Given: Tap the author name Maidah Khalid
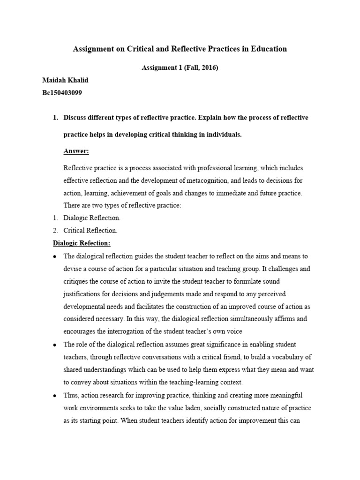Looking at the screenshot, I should click(65, 80).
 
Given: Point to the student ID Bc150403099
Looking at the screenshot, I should click(62, 93).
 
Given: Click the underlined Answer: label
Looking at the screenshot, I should click(76, 151).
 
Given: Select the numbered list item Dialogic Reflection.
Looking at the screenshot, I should click(92, 218).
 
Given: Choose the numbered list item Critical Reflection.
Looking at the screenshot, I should click(90, 231).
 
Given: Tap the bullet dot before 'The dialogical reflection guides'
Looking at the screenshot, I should click(55, 256).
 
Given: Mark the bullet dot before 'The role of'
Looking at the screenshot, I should click(55, 345).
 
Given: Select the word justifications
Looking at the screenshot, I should click(84, 294).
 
